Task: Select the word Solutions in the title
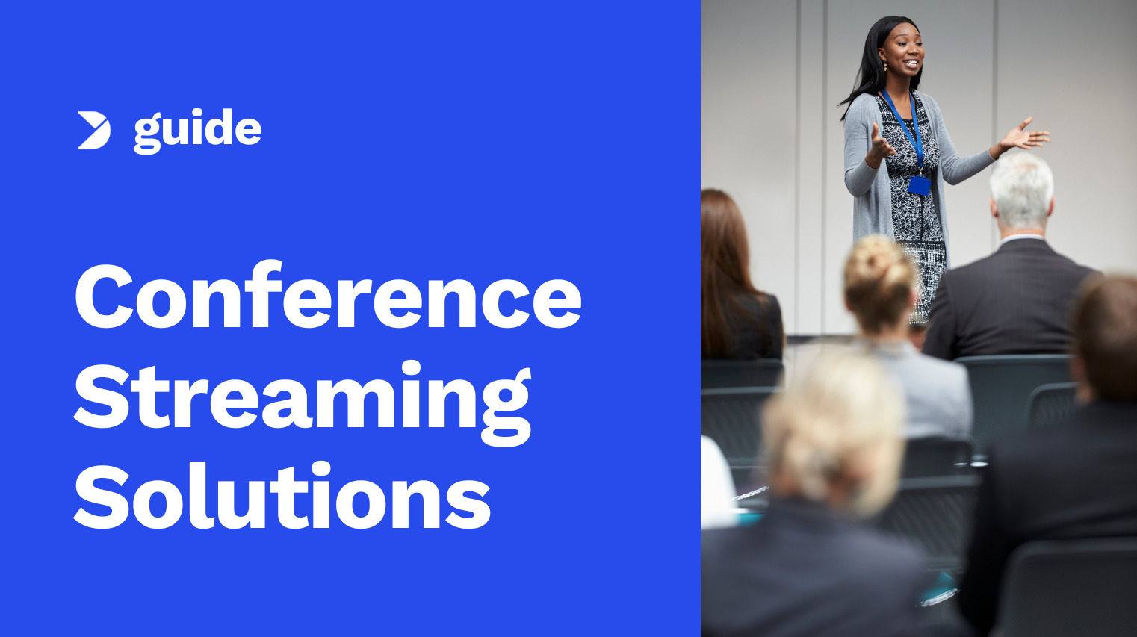[282, 497]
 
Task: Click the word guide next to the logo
[197, 131]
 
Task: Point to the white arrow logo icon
[93, 131]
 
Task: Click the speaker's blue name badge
[919, 185]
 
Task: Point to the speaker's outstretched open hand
[1025, 137]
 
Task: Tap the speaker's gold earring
[884, 66]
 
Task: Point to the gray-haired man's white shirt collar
[1020, 239]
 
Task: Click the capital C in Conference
[105, 296]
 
